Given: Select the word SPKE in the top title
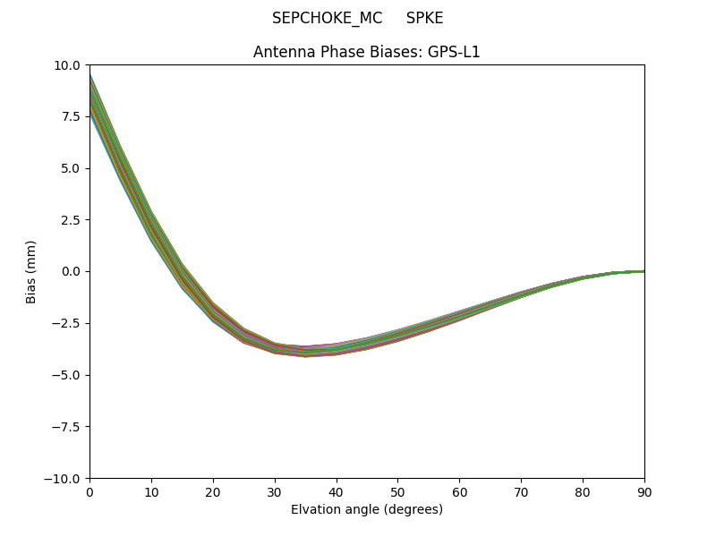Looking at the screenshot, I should click(424, 18).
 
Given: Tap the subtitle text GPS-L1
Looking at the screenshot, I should click(457, 52).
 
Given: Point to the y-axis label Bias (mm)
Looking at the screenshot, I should click(31, 271).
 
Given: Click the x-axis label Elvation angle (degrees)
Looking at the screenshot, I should click(367, 509).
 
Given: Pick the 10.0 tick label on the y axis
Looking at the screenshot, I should click(66, 65).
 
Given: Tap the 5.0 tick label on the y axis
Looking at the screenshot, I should click(70, 168).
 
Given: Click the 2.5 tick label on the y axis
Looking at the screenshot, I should click(70, 220).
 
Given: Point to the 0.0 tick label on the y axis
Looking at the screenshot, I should click(70, 271).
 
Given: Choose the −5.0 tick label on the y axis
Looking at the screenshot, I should click(65, 375).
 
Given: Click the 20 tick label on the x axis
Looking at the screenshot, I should click(213, 491).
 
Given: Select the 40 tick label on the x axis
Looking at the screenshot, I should click(337, 491).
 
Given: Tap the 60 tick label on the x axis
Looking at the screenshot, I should click(459, 491).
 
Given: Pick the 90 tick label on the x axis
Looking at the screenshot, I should click(644, 491).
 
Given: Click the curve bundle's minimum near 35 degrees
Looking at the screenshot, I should click(305, 351).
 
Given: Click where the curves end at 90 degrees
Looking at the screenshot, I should click(644, 271).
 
